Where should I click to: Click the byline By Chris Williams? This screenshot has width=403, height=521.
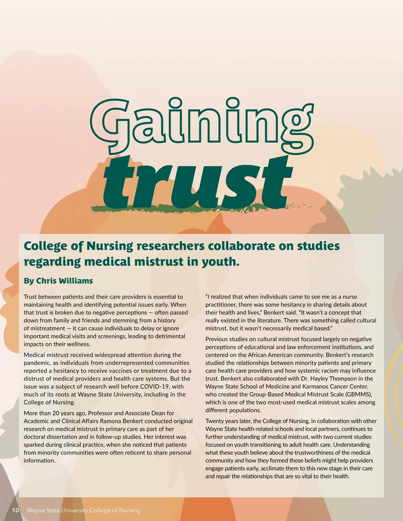click(58, 281)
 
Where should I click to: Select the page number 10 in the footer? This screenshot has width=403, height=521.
click(15, 510)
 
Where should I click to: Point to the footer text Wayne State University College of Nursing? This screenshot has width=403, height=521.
click(83, 510)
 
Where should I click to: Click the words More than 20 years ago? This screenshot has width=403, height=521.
click(53, 413)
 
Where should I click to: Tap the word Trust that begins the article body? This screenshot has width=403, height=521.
click(31, 297)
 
